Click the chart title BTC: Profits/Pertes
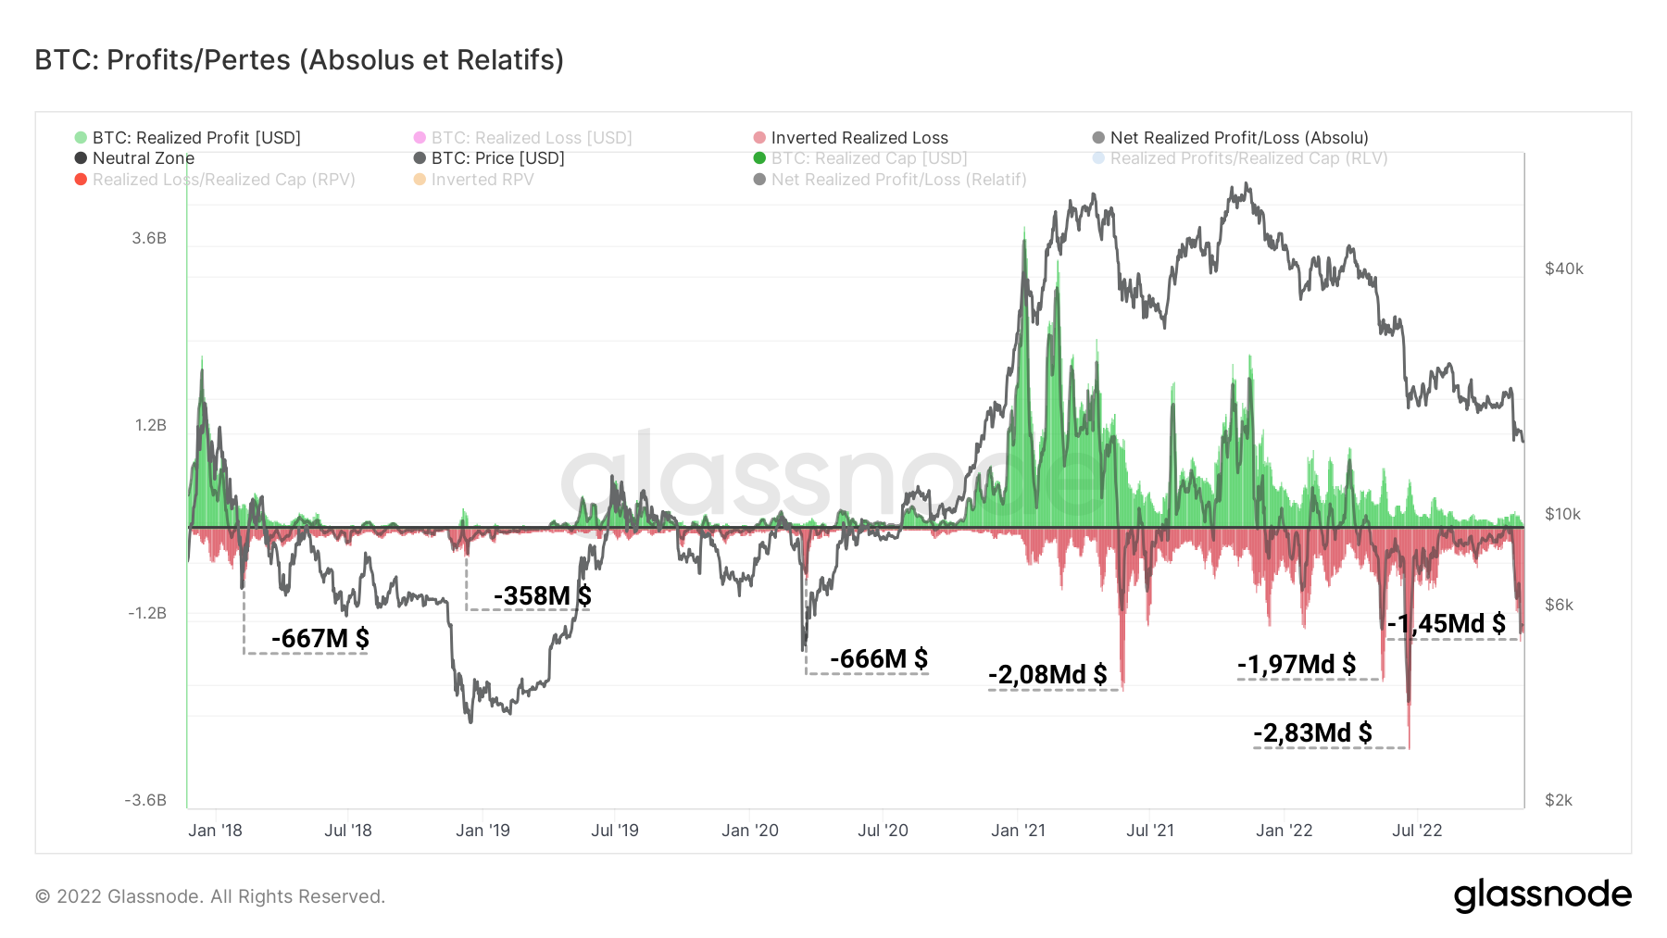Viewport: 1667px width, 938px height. tap(299, 60)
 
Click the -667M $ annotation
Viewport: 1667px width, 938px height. tap(320, 638)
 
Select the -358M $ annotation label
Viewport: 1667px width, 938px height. tap(542, 595)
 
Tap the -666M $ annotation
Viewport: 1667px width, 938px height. tap(878, 658)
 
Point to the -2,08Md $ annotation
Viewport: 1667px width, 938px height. tap(1047, 674)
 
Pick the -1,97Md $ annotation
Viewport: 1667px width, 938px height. tap(1296, 664)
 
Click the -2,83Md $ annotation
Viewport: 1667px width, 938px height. tap(1312, 732)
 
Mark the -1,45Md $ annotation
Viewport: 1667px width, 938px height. tap(1446, 623)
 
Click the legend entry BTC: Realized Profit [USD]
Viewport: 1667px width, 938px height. tap(196, 138)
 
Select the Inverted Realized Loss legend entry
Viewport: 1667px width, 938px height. tap(859, 138)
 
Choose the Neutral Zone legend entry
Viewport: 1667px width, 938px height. tap(143, 158)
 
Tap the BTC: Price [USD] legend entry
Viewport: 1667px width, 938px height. tap(497, 158)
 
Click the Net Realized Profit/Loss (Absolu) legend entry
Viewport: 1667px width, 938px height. tap(1238, 138)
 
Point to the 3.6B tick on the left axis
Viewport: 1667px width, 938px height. tap(149, 238)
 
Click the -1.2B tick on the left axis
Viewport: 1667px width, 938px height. tap(147, 613)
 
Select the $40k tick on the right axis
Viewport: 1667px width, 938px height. tap(1564, 269)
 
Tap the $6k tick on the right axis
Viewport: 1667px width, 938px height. tap(1559, 605)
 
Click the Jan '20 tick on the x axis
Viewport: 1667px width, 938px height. tap(750, 831)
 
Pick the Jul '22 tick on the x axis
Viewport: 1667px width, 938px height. tap(1417, 831)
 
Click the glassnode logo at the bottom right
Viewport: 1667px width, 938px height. tap(1542, 895)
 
